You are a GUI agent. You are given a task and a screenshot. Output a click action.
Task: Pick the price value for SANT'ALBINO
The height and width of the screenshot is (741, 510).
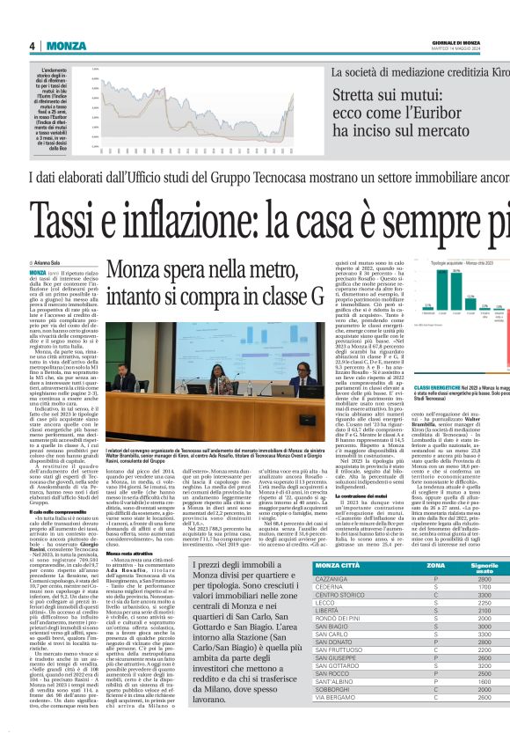pos(484,705)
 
